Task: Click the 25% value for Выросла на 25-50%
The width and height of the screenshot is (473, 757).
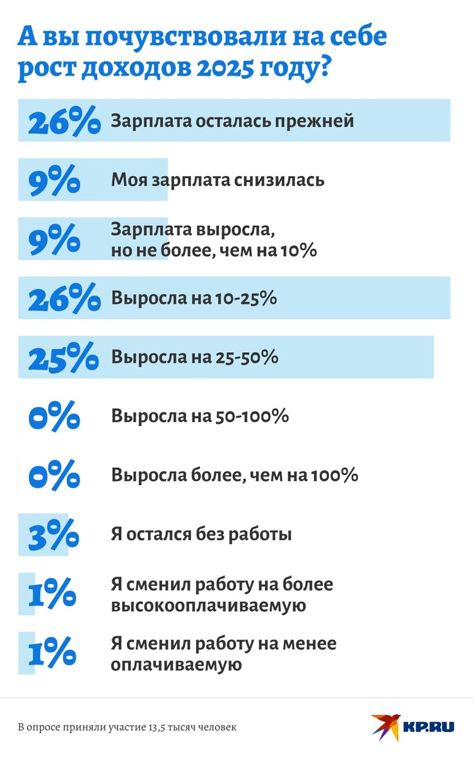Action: pos(63,358)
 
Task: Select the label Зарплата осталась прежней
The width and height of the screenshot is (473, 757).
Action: pos(232,120)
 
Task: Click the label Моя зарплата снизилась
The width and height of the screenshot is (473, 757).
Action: pos(218,180)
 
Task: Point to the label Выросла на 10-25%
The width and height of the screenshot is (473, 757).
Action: pos(194,298)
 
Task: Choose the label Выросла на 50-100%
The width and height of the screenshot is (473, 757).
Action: pos(200,417)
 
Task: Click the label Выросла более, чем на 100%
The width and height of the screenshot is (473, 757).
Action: pos(235,476)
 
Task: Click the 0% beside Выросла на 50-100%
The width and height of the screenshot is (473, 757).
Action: pos(54,417)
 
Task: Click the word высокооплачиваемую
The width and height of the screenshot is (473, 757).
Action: pos(209,606)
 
